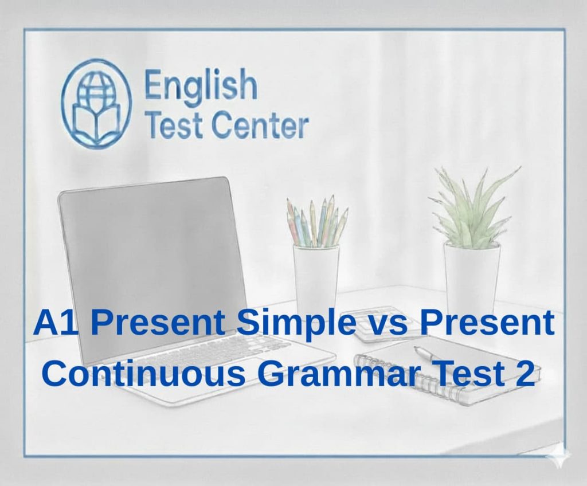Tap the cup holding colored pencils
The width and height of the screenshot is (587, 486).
(x=316, y=275)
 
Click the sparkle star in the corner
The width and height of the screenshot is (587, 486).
(x=559, y=458)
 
